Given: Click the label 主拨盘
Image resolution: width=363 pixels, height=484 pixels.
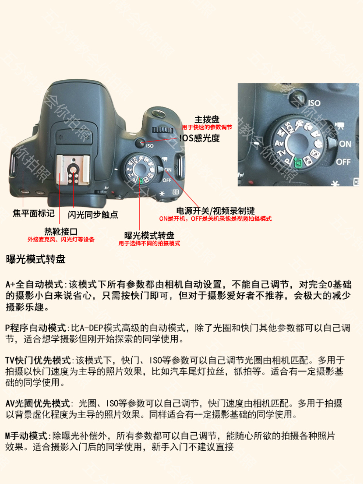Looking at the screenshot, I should click(207, 119).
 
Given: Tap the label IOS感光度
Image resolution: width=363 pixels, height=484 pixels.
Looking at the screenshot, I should click(199, 138).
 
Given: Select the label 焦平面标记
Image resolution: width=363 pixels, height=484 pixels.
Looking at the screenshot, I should click(33, 213).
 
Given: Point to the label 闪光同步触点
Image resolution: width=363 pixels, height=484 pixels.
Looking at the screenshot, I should click(93, 215).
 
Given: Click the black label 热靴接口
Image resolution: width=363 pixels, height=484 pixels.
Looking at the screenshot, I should click(61, 232).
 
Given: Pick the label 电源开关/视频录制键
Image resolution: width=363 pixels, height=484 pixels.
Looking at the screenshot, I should click(215, 211).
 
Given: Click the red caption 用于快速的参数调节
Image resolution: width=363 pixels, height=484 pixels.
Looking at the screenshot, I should click(207, 127).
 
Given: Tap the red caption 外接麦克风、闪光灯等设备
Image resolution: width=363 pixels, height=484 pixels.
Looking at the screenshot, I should click(61, 240).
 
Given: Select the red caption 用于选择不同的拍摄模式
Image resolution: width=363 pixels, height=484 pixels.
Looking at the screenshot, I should click(149, 244).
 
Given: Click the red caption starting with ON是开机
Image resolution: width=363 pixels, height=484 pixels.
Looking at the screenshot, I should click(215, 219).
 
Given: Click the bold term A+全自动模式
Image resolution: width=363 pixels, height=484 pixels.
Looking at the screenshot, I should click(34, 285).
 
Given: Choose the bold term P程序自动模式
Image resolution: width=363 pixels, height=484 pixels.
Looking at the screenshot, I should click(36, 328).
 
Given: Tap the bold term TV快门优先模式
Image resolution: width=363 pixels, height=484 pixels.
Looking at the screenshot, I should click(38, 360).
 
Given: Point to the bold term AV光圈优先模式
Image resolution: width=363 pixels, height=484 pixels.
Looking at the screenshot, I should click(38, 403).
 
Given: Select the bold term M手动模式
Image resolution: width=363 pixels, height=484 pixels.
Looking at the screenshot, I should click(26, 436).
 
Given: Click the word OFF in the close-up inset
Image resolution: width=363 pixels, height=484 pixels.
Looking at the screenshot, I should click(343, 162).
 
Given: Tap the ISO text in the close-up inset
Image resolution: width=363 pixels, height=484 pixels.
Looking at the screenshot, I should click(314, 103).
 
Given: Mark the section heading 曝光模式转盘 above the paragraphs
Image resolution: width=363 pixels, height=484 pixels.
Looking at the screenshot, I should click(36, 259).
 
